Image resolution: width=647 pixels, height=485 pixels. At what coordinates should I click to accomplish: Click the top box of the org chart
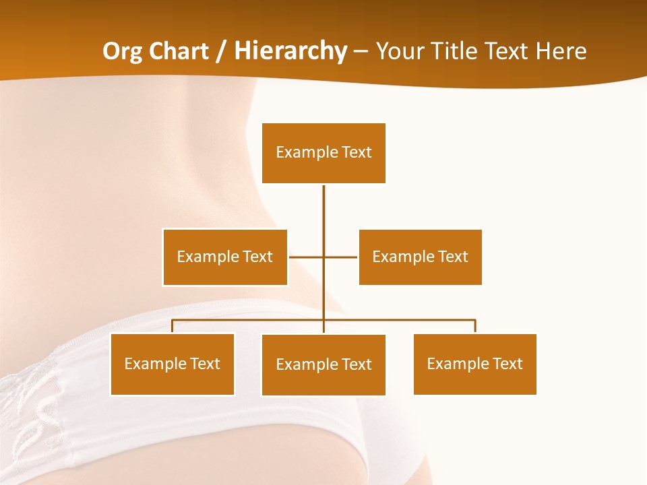tap(323, 153)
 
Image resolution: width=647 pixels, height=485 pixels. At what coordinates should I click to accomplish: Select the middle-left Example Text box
tap(224, 257)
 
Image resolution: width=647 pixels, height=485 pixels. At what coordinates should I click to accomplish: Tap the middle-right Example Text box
tap(420, 257)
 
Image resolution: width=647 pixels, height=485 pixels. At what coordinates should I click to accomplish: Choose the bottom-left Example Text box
tap(173, 364)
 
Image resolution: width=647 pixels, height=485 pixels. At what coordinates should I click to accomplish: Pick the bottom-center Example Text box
tap(323, 364)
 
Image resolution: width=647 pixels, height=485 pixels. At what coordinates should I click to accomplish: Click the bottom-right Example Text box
tap(474, 364)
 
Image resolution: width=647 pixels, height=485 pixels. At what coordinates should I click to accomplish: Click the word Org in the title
tap(122, 51)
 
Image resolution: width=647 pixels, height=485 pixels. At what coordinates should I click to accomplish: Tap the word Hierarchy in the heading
tap(290, 51)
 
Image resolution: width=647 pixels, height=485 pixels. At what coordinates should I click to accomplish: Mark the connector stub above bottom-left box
tap(173, 326)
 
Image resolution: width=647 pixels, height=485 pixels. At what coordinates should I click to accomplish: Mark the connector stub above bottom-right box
tap(475, 326)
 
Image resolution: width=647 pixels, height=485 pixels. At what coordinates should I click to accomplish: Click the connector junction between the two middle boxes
tap(323, 257)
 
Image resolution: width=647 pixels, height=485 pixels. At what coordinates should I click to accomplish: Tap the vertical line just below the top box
tap(323, 202)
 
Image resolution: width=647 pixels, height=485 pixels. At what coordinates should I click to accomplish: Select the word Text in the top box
tap(357, 152)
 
